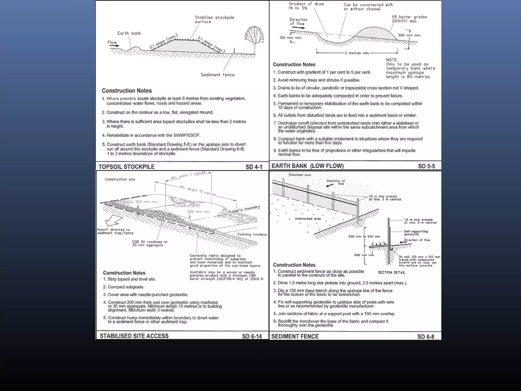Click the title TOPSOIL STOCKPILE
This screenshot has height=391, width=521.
[x=126, y=167]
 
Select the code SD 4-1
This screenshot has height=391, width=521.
[x=254, y=167]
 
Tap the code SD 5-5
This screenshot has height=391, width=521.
[x=426, y=166]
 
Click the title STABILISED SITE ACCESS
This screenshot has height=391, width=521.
[x=134, y=336]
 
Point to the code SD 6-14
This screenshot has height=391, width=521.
[x=252, y=336]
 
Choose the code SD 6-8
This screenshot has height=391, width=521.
[x=426, y=337]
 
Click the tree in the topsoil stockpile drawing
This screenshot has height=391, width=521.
[x=254, y=38]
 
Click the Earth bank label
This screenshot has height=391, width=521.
[x=129, y=33]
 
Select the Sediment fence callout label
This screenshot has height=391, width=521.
[x=218, y=75]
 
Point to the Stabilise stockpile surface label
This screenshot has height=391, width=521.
[x=214, y=20]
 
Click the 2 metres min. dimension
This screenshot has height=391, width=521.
[x=357, y=53]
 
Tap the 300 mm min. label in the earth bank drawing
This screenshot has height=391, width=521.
[x=409, y=35]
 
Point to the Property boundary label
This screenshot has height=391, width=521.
[x=244, y=209]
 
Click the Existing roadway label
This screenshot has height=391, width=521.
[x=252, y=234]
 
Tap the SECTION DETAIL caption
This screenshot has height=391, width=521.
[x=391, y=272]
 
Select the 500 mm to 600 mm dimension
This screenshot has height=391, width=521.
[x=364, y=236]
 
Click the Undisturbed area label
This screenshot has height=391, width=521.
[x=308, y=219]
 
